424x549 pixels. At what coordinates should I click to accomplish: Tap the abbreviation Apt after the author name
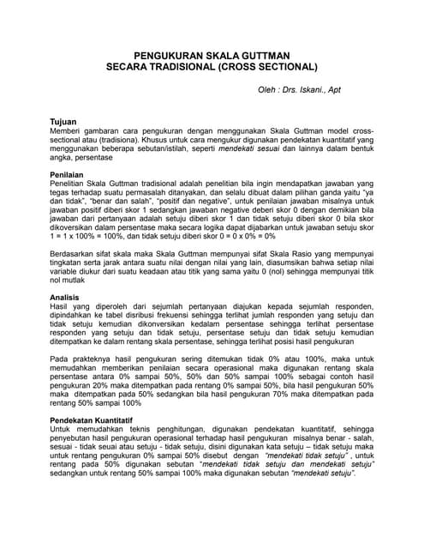(342, 89)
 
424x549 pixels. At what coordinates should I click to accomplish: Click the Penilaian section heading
(68, 174)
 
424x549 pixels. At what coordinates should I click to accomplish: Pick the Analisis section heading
(66, 298)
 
